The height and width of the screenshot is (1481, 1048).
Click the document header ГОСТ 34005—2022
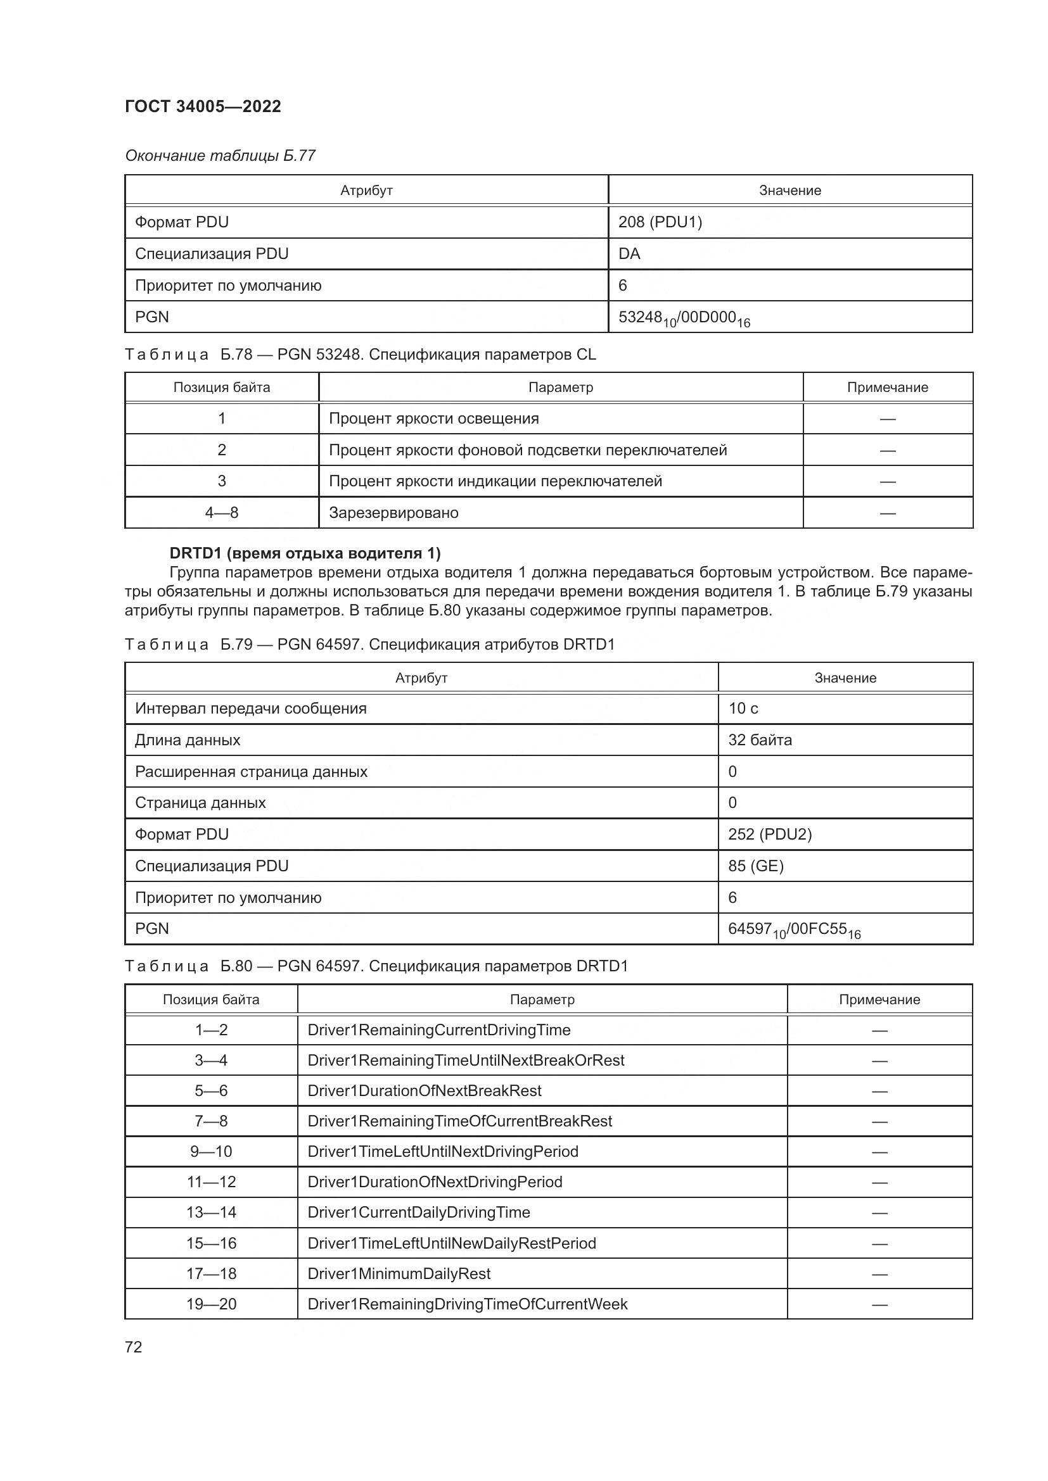tap(203, 106)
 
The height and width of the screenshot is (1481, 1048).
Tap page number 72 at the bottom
tap(134, 1347)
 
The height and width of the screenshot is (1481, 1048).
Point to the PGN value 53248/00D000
tap(684, 318)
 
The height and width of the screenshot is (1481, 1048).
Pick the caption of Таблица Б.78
tap(360, 355)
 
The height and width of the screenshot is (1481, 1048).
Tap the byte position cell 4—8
tap(221, 513)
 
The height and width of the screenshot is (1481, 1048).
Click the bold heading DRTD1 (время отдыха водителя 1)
tap(305, 553)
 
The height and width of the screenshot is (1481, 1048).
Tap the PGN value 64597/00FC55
tap(794, 930)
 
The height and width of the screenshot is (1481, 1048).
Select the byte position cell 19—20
tap(211, 1304)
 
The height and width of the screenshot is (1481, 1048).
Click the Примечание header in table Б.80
tap(879, 999)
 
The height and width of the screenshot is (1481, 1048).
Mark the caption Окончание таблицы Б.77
tap(220, 156)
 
